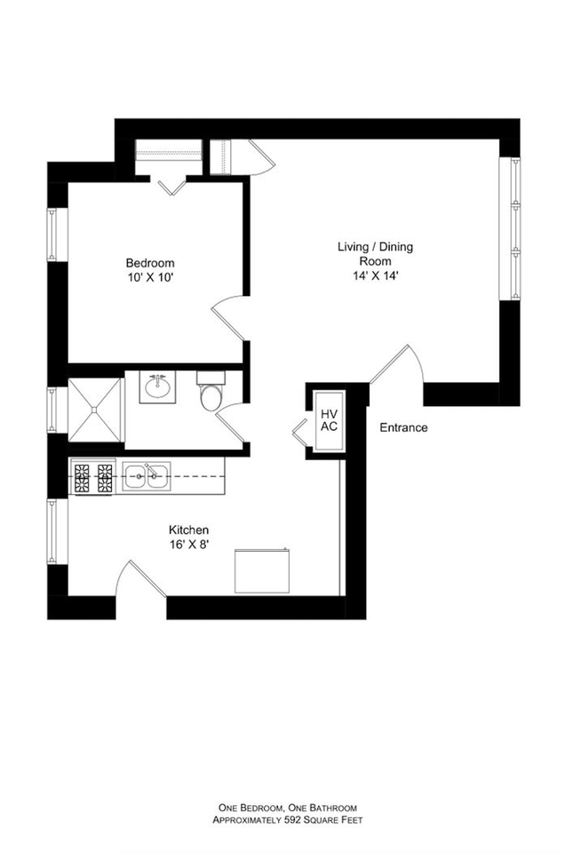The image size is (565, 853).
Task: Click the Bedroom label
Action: (149, 263)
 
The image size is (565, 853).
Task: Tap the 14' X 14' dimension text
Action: (375, 275)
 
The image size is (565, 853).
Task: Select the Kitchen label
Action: (188, 530)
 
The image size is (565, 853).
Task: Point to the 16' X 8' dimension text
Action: (188, 544)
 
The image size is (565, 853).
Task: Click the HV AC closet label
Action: (329, 420)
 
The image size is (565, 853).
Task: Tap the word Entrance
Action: (403, 427)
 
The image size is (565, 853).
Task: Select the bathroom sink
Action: (158, 387)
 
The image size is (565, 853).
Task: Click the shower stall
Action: (96, 410)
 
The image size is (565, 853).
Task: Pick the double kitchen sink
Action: (147, 476)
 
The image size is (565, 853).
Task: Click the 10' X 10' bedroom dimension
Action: (149, 277)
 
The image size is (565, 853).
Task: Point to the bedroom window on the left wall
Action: (53, 235)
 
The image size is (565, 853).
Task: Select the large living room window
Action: (510, 228)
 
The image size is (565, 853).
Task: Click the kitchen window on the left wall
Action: (53, 532)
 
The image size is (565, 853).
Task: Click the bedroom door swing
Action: (228, 315)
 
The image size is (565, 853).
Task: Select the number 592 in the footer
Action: (294, 820)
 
